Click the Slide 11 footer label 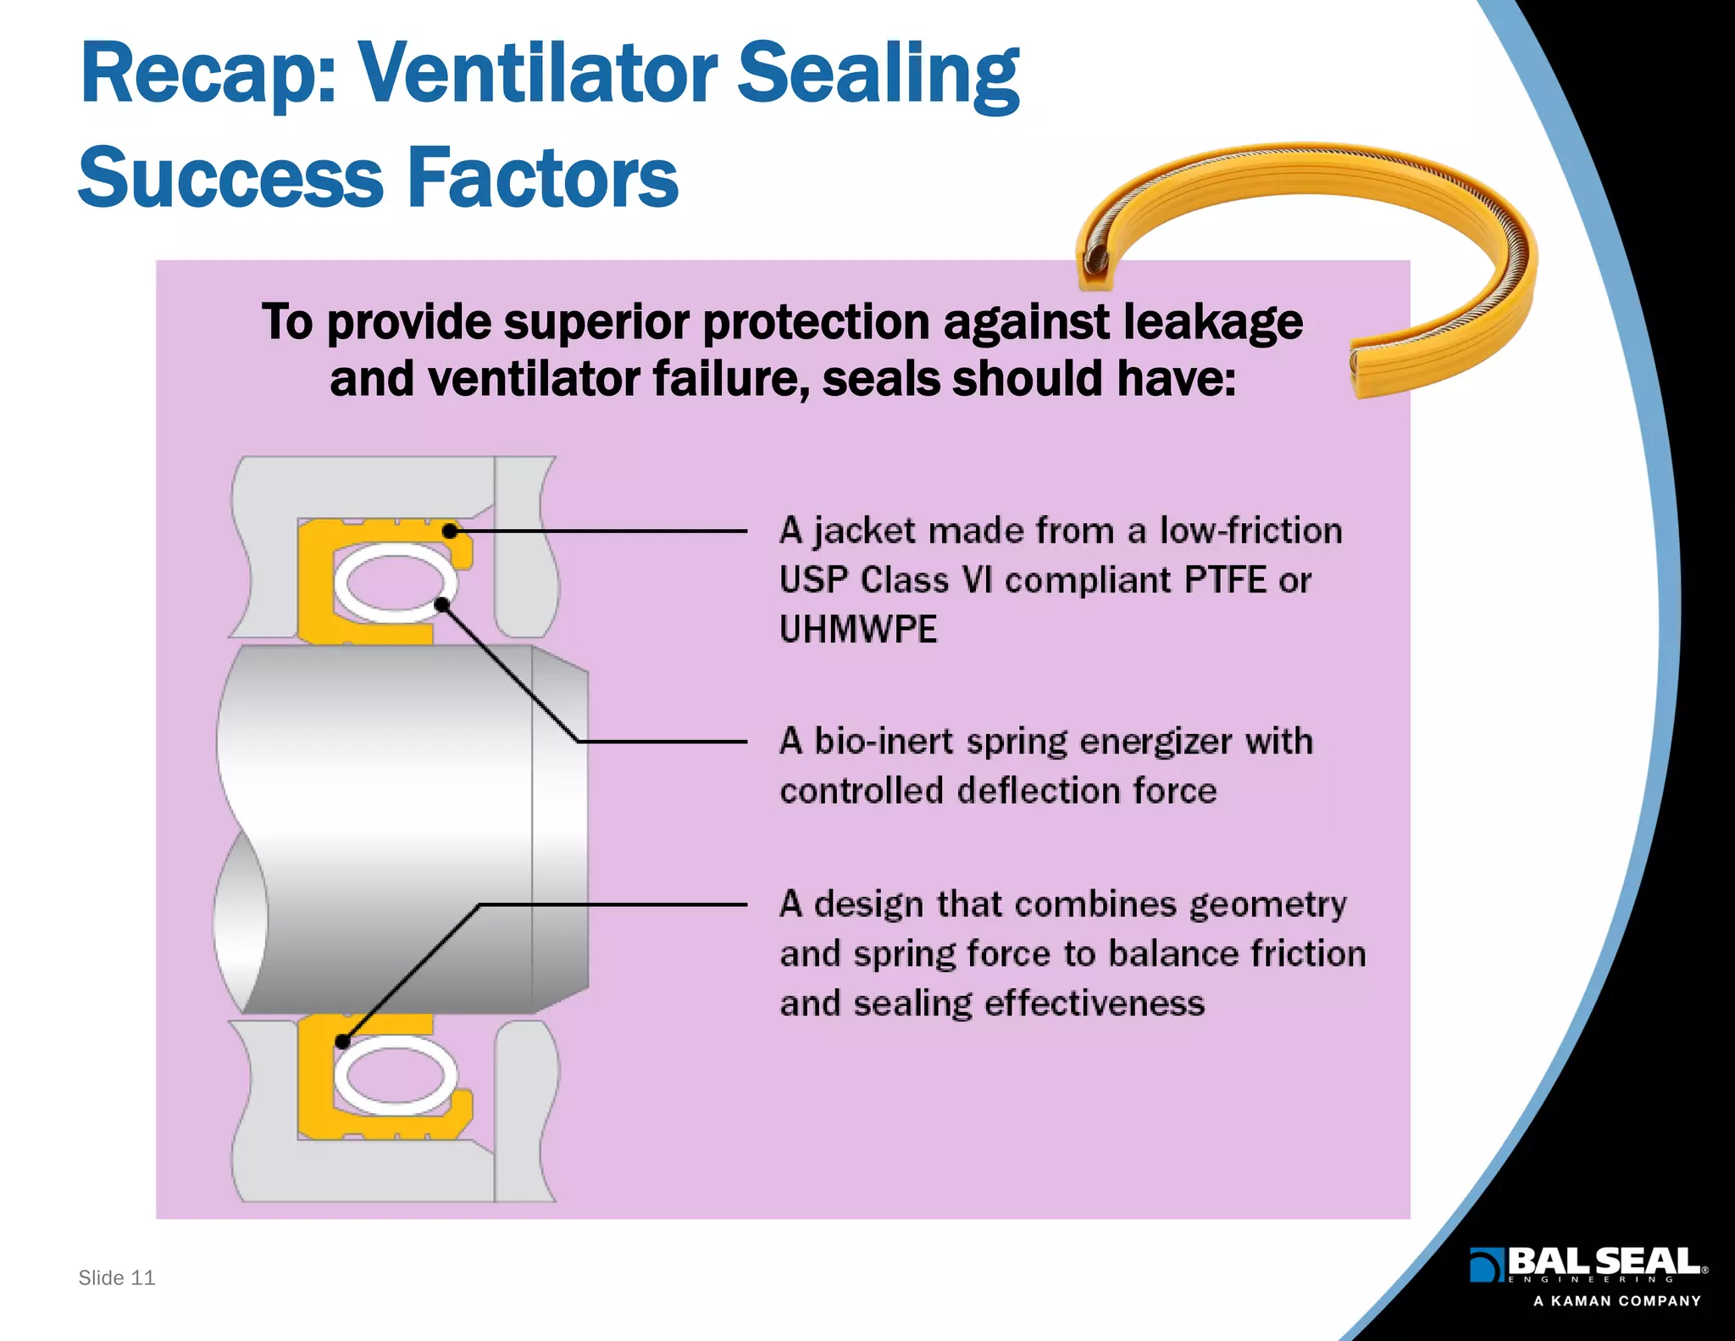[117, 1277]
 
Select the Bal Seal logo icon [1484, 1265]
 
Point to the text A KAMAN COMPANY [1616, 1301]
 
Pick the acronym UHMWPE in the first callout [858, 630]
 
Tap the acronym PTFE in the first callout [1224, 581]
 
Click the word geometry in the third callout [1267, 904]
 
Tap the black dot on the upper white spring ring [441, 604]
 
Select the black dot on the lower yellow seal [342, 1041]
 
